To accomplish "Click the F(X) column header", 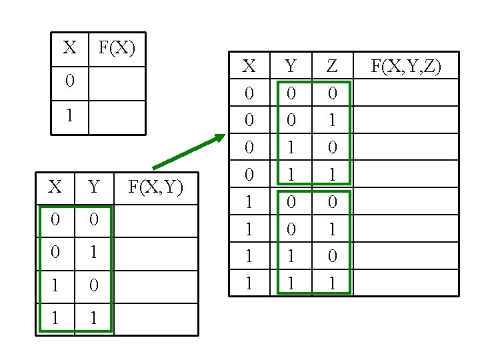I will pos(117,48).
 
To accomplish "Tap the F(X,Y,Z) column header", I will pos(405,65).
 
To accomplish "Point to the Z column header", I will pos(332,65).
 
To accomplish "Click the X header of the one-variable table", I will pos(69,48).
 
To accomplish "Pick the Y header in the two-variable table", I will pos(93,187).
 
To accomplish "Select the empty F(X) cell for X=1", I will pos(117,117).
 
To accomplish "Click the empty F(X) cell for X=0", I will pos(117,83).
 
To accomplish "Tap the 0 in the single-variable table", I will pos(69,83).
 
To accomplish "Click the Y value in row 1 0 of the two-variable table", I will pos(93,287).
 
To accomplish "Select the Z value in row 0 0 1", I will pos(332,120).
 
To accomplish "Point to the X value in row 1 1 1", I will pos(249,283).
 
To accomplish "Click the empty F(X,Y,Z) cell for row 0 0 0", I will pos(405,93).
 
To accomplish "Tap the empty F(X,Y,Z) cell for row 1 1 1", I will pos(405,283).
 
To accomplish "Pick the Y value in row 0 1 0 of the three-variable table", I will pos(291,147).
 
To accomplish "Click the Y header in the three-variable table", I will pos(291,65).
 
